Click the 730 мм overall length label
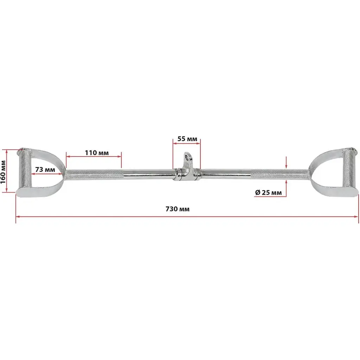[178, 209]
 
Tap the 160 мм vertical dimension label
[3, 172]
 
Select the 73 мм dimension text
[45, 169]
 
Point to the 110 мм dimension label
[97, 153]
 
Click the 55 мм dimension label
[187, 139]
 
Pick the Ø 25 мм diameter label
[268, 192]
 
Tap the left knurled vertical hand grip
[24, 169]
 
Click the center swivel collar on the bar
[187, 175]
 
